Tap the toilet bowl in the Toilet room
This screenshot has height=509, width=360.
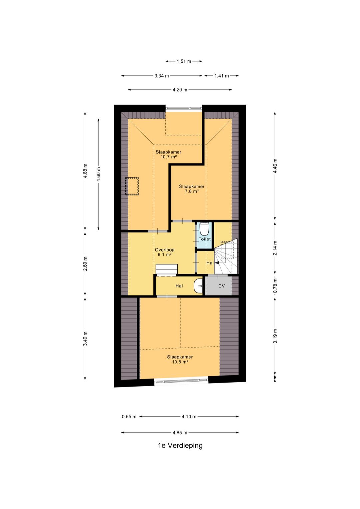click(204, 229)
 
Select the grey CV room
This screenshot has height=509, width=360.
click(218, 286)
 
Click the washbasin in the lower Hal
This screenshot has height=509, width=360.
click(198, 286)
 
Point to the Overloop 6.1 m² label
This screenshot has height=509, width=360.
click(164, 252)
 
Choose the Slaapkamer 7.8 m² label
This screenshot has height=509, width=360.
click(192, 189)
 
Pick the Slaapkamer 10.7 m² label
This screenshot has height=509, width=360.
click(168, 154)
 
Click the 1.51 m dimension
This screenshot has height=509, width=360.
click(184, 61)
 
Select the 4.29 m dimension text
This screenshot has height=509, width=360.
click(180, 90)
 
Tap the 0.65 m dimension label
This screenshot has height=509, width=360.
click(129, 417)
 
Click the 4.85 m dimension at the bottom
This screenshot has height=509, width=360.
click(180, 433)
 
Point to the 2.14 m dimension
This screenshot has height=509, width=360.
click(275, 248)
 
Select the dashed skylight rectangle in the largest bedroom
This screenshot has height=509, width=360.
click(132, 186)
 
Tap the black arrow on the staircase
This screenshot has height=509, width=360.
click(217, 263)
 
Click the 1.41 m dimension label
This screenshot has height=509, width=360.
click(222, 76)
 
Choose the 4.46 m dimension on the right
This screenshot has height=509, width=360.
click(275, 166)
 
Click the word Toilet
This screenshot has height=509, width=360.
click(205, 239)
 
